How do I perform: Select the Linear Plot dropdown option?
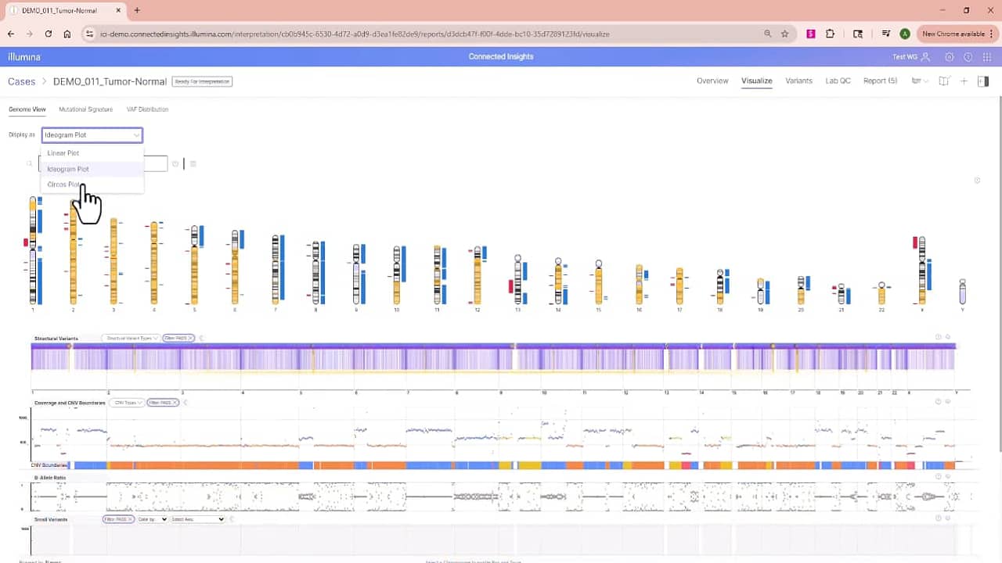[x=63, y=153]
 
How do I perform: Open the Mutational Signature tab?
[x=85, y=109]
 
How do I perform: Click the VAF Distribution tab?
[x=147, y=109]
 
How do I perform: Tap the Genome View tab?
[x=27, y=109]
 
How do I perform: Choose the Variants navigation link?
[x=798, y=81]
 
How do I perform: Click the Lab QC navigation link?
[x=838, y=81]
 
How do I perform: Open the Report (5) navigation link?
[x=880, y=81]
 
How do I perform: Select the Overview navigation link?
[x=712, y=81]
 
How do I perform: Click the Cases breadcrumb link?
[x=21, y=81]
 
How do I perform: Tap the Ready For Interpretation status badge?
[x=202, y=81]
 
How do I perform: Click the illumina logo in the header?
[x=24, y=57]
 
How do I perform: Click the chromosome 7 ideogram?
[x=275, y=269]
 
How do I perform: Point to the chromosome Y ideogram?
[x=962, y=292]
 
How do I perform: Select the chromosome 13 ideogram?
[x=517, y=280]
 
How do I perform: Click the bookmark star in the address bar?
[x=784, y=34]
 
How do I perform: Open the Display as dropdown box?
[x=92, y=135]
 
